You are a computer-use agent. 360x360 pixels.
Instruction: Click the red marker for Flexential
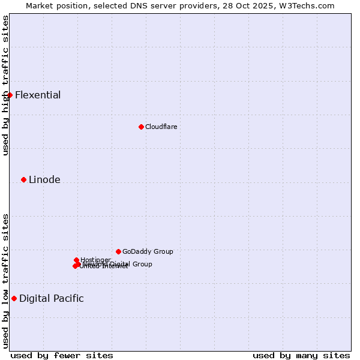tap(10, 95)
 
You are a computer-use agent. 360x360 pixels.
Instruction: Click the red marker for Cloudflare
tap(141, 127)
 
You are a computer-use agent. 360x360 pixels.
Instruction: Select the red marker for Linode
tap(23, 179)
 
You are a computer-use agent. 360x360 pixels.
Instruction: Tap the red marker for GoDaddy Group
tap(118, 251)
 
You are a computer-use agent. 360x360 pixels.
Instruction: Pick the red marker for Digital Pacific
tap(14, 298)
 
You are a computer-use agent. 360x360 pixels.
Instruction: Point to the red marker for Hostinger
tap(76, 260)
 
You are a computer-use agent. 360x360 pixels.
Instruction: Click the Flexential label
tap(38, 95)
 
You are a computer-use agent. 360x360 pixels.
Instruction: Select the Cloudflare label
tap(161, 127)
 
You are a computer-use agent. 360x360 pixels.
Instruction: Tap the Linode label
tap(44, 179)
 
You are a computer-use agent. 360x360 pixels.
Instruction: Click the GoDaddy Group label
tap(148, 251)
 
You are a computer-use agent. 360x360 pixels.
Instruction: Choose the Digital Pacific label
tap(52, 298)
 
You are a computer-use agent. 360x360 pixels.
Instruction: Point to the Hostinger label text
tap(96, 260)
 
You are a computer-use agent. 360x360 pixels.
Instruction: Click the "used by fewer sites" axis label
tap(62, 355)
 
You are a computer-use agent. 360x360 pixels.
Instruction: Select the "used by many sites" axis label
tap(301, 355)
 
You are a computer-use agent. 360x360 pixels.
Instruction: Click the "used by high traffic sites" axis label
tap(5, 85)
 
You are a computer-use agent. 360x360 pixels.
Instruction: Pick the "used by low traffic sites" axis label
tap(5, 281)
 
